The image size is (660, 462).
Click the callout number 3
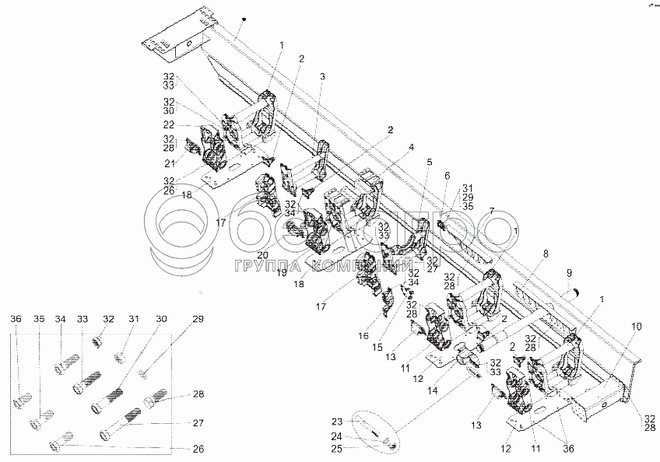click(323, 76)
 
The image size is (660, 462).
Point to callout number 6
click(446, 177)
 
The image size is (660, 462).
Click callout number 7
click(491, 211)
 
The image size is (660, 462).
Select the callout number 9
click(569, 272)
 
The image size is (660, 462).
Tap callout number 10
click(637, 327)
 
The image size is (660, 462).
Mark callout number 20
click(262, 254)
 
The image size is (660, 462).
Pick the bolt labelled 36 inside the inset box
click(22, 404)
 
